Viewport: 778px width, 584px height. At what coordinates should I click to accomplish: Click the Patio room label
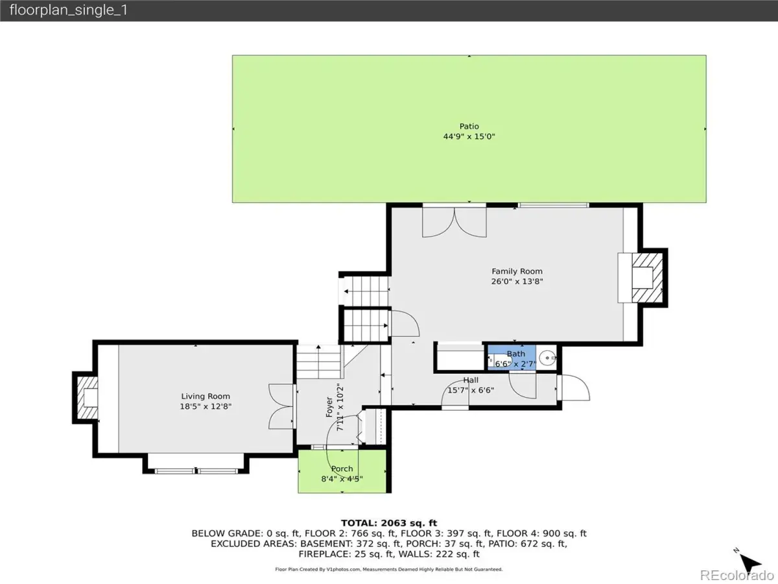(469, 127)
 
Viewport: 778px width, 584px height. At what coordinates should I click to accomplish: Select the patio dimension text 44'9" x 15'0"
(469, 136)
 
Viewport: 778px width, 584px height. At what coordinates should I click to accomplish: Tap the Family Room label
(517, 271)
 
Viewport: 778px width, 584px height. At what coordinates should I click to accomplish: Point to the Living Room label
(206, 396)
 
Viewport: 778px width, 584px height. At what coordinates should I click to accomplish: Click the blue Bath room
(512, 358)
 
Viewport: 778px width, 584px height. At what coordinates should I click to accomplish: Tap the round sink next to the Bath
(547, 358)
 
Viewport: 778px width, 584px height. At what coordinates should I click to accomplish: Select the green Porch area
(342, 471)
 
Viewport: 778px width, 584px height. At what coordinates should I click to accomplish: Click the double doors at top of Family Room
(454, 222)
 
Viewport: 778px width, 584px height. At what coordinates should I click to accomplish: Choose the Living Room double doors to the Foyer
(282, 406)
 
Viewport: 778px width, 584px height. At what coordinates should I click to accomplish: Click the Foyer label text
(329, 407)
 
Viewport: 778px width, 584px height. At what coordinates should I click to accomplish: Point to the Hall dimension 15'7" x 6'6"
(471, 391)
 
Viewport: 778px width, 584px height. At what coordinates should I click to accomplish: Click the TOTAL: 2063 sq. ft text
(389, 523)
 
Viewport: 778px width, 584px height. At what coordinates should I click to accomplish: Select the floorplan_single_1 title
(69, 10)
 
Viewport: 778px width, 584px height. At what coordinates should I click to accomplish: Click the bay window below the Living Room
(196, 464)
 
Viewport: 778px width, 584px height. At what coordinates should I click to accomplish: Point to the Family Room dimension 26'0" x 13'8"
(517, 282)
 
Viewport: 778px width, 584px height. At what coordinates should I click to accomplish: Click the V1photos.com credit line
(389, 570)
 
